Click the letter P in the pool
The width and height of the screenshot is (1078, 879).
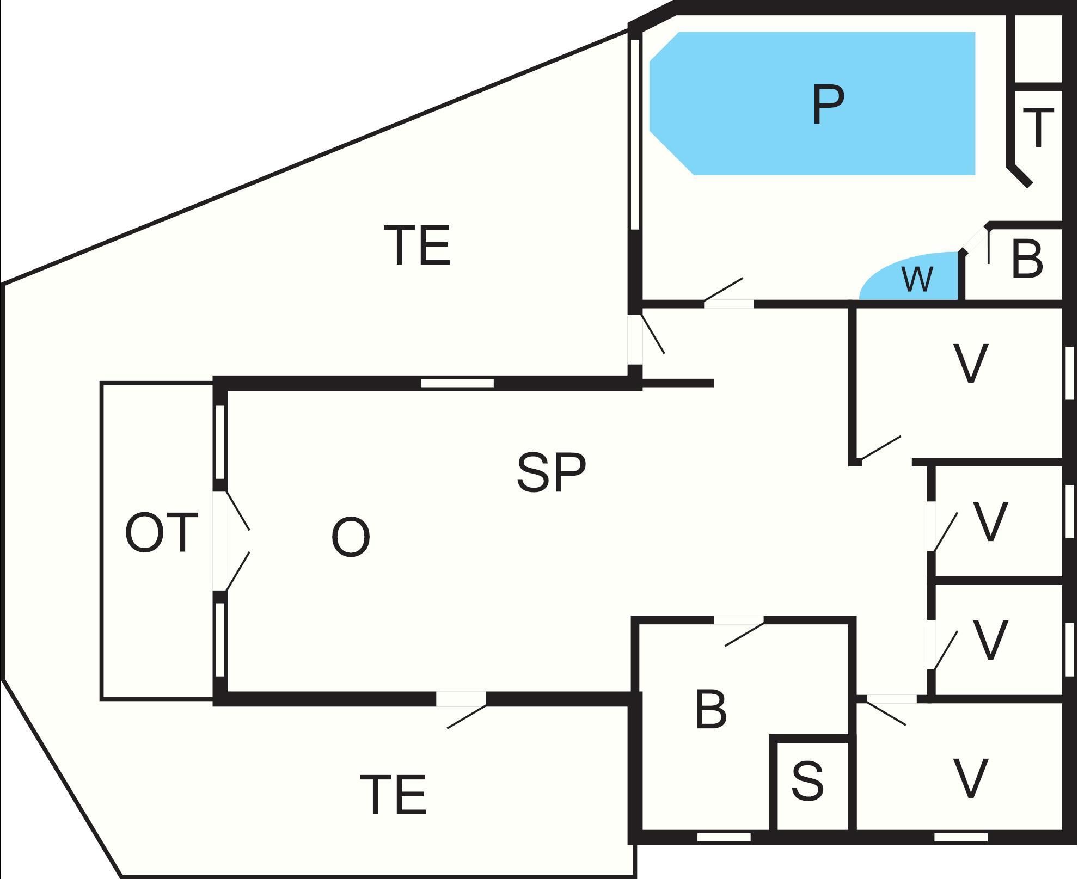828,105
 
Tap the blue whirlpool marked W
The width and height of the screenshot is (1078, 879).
917,279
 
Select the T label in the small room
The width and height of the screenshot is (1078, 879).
1038,128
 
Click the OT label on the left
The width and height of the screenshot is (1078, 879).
161,532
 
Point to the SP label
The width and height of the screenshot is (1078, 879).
551,472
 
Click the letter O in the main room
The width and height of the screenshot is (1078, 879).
351,537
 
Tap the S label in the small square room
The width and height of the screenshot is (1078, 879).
807,781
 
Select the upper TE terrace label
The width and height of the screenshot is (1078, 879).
418,246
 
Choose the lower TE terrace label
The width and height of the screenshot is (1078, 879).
393,796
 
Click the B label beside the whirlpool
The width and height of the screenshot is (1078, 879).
1027,260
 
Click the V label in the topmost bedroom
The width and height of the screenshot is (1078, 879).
971,364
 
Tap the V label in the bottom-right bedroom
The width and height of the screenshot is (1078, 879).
971,779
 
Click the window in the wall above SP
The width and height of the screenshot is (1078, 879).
457,383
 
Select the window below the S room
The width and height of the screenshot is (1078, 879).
724,837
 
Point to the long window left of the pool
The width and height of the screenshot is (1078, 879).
634,133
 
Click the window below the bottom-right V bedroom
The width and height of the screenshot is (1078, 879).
961,837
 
